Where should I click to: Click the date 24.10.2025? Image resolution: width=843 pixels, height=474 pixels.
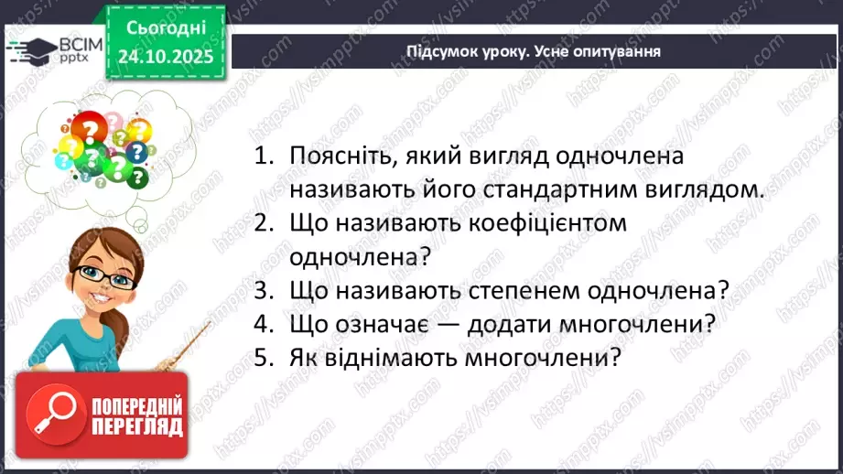[x=165, y=57]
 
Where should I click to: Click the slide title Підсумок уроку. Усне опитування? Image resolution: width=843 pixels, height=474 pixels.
[x=534, y=50]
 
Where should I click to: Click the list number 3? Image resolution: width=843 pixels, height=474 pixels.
[x=263, y=291]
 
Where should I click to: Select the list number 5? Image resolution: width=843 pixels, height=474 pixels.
[x=263, y=358]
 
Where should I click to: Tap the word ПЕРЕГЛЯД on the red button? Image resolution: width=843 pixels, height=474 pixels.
[x=137, y=427]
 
